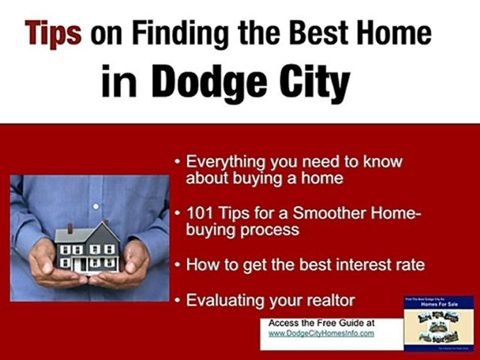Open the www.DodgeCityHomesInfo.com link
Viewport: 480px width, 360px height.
tap(321, 333)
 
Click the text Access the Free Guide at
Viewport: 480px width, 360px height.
tap(321, 323)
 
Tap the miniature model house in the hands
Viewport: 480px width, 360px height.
tap(87, 248)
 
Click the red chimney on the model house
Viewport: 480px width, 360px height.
tap(70, 229)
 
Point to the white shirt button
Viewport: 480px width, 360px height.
tap(96, 206)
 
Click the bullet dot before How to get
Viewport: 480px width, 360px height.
tap(178, 265)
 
